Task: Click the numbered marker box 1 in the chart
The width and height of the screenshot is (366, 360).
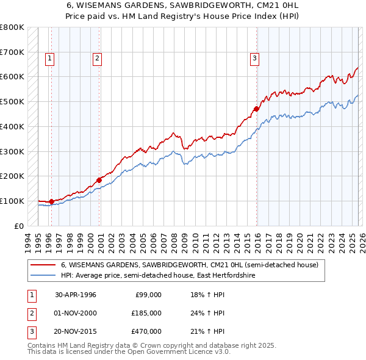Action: (x=49, y=59)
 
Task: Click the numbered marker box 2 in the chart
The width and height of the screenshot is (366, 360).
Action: (x=97, y=59)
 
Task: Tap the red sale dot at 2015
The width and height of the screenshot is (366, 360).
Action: (x=257, y=109)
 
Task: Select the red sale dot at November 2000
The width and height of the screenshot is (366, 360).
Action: (x=99, y=179)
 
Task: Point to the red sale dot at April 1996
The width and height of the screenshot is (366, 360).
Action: (x=52, y=201)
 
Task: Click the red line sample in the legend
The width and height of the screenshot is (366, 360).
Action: (x=43, y=265)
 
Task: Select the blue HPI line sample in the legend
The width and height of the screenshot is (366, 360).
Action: (x=43, y=276)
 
